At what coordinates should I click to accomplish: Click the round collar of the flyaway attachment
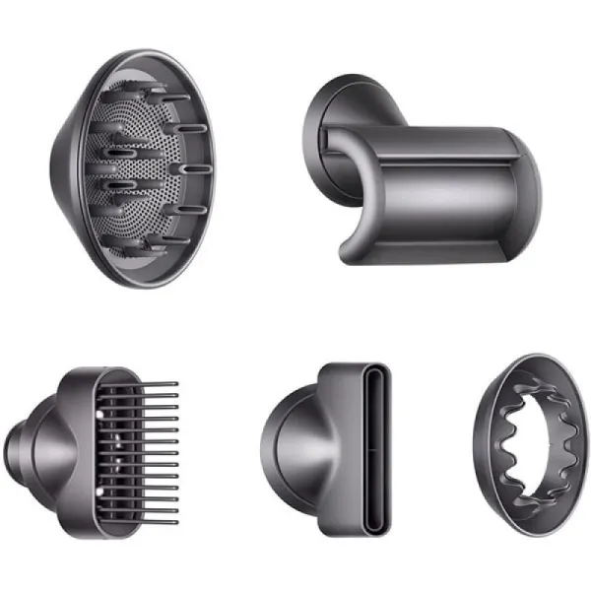pos(340,128)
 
